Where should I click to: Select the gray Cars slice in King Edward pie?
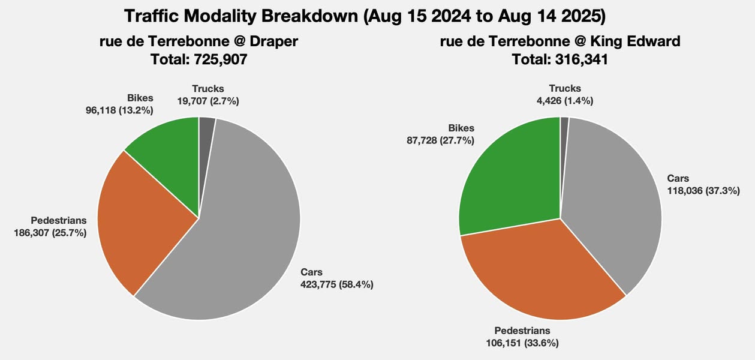(612, 198)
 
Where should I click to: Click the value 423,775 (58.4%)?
(336, 284)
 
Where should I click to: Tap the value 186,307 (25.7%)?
(50, 233)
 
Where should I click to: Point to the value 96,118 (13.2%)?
(119, 110)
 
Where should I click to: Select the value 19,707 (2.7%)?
(208, 101)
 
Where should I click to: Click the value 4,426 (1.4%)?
(564, 101)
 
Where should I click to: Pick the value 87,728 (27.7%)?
(440, 140)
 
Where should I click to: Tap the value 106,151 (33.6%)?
(522, 343)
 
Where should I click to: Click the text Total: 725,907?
(198, 59)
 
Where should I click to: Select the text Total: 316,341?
(560, 59)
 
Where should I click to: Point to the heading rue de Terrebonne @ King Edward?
(560, 41)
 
